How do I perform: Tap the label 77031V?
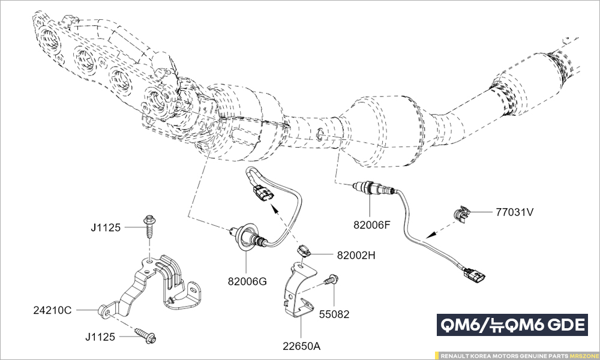[x=514, y=212]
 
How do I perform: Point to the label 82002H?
[x=356, y=255]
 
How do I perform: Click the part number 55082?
[x=334, y=314]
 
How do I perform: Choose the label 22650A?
[x=302, y=346]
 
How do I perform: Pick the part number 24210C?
[x=52, y=310]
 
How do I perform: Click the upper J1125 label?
[x=106, y=227]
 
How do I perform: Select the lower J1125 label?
[x=100, y=337]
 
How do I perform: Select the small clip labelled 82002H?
[x=305, y=251]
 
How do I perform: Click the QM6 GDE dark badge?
[x=512, y=325]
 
